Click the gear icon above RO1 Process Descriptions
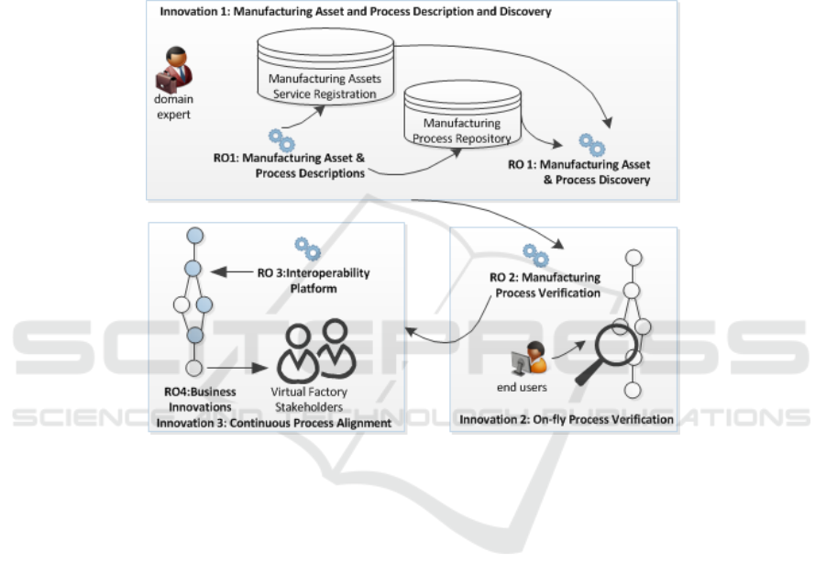click(x=281, y=140)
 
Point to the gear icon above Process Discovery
click(x=591, y=144)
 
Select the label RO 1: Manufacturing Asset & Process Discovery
click(x=578, y=171)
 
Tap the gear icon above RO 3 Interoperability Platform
click(x=307, y=248)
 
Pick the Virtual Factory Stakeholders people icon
click(x=317, y=350)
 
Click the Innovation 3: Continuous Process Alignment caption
click(x=274, y=423)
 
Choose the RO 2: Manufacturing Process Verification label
click(x=547, y=284)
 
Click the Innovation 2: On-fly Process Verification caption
click(x=566, y=420)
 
